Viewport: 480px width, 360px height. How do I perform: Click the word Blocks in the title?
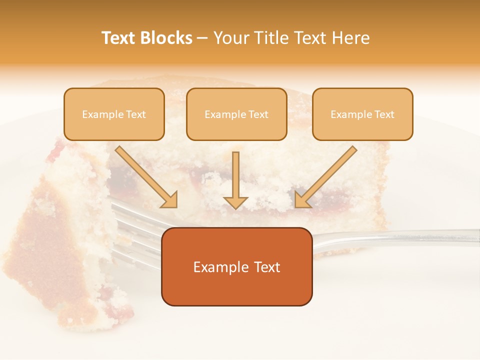click(167, 38)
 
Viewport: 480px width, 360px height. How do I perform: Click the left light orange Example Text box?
click(114, 114)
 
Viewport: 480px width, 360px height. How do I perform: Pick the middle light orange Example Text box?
click(236, 114)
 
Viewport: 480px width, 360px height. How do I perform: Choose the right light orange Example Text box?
click(362, 114)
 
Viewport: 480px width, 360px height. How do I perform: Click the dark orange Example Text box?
click(236, 267)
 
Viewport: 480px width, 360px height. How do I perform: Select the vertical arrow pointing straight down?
click(235, 180)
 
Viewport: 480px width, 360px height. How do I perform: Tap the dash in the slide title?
click(202, 38)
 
